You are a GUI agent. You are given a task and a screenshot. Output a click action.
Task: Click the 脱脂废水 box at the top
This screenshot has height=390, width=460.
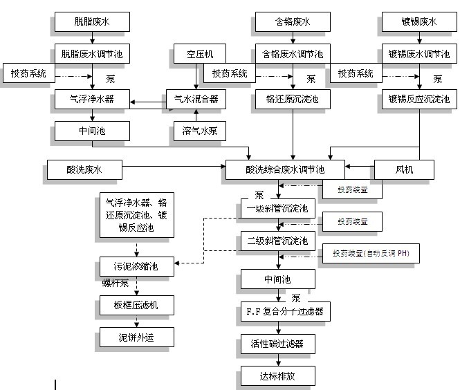[x=92, y=22]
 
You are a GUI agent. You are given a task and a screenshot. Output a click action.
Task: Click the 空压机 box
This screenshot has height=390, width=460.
[x=200, y=53]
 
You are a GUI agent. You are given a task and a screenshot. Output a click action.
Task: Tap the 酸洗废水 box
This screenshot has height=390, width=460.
[x=84, y=168]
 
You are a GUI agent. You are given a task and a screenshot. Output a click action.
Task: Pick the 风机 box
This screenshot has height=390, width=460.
[x=404, y=168]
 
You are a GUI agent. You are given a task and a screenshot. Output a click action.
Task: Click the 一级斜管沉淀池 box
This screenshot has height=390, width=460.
[x=277, y=207]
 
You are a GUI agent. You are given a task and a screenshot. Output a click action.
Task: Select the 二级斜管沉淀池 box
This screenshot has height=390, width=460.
[x=277, y=241]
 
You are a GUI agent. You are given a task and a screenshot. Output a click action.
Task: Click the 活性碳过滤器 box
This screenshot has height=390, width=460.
[x=277, y=343]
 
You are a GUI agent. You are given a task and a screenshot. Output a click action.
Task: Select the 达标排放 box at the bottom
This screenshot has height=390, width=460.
[x=277, y=375]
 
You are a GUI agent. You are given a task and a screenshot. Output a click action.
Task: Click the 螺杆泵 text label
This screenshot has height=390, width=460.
[x=116, y=283]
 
